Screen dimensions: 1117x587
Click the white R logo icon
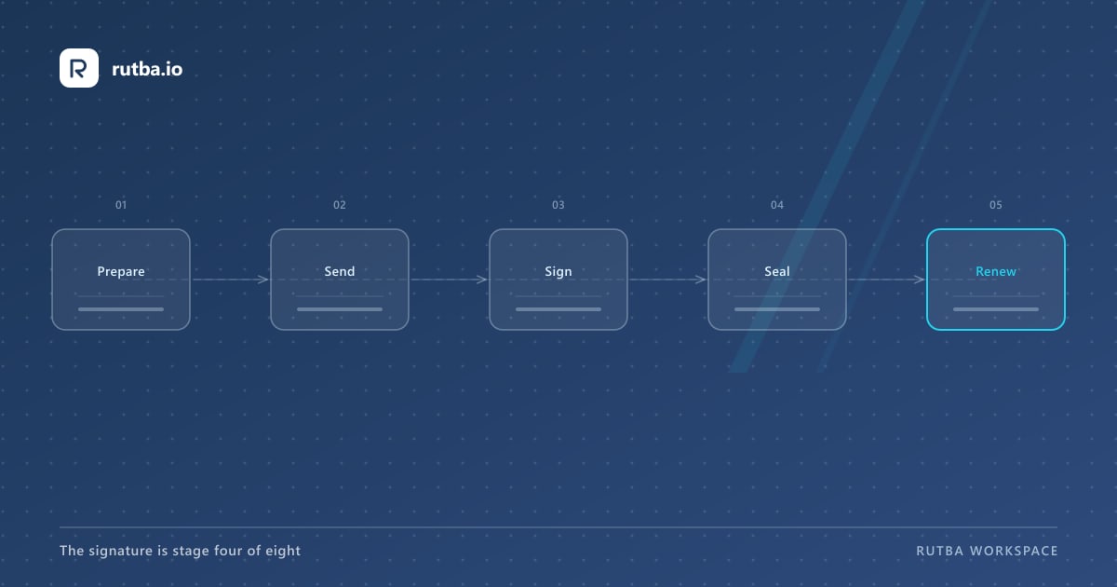[79, 68]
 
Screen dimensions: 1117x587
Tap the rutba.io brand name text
[147, 69]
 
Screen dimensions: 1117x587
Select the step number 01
[121, 205]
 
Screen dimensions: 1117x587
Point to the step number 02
[340, 205]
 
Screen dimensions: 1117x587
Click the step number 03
[558, 205]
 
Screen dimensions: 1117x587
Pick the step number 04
[777, 205]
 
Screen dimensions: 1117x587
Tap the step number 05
[996, 205]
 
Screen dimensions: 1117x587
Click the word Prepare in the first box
[121, 272]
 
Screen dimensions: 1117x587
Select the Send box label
[340, 271]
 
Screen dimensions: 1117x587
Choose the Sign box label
[558, 272]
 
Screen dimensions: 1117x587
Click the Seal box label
[777, 271]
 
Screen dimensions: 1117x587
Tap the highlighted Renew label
[996, 271]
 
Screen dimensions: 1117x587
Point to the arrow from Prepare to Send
[231, 280]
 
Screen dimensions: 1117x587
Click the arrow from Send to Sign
[450, 280]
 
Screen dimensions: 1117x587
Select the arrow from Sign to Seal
[667, 280]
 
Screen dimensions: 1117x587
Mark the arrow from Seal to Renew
[886, 280]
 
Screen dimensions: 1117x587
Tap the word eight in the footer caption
[283, 551]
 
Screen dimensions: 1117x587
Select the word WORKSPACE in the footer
[1014, 551]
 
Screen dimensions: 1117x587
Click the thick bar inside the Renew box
[996, 309]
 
